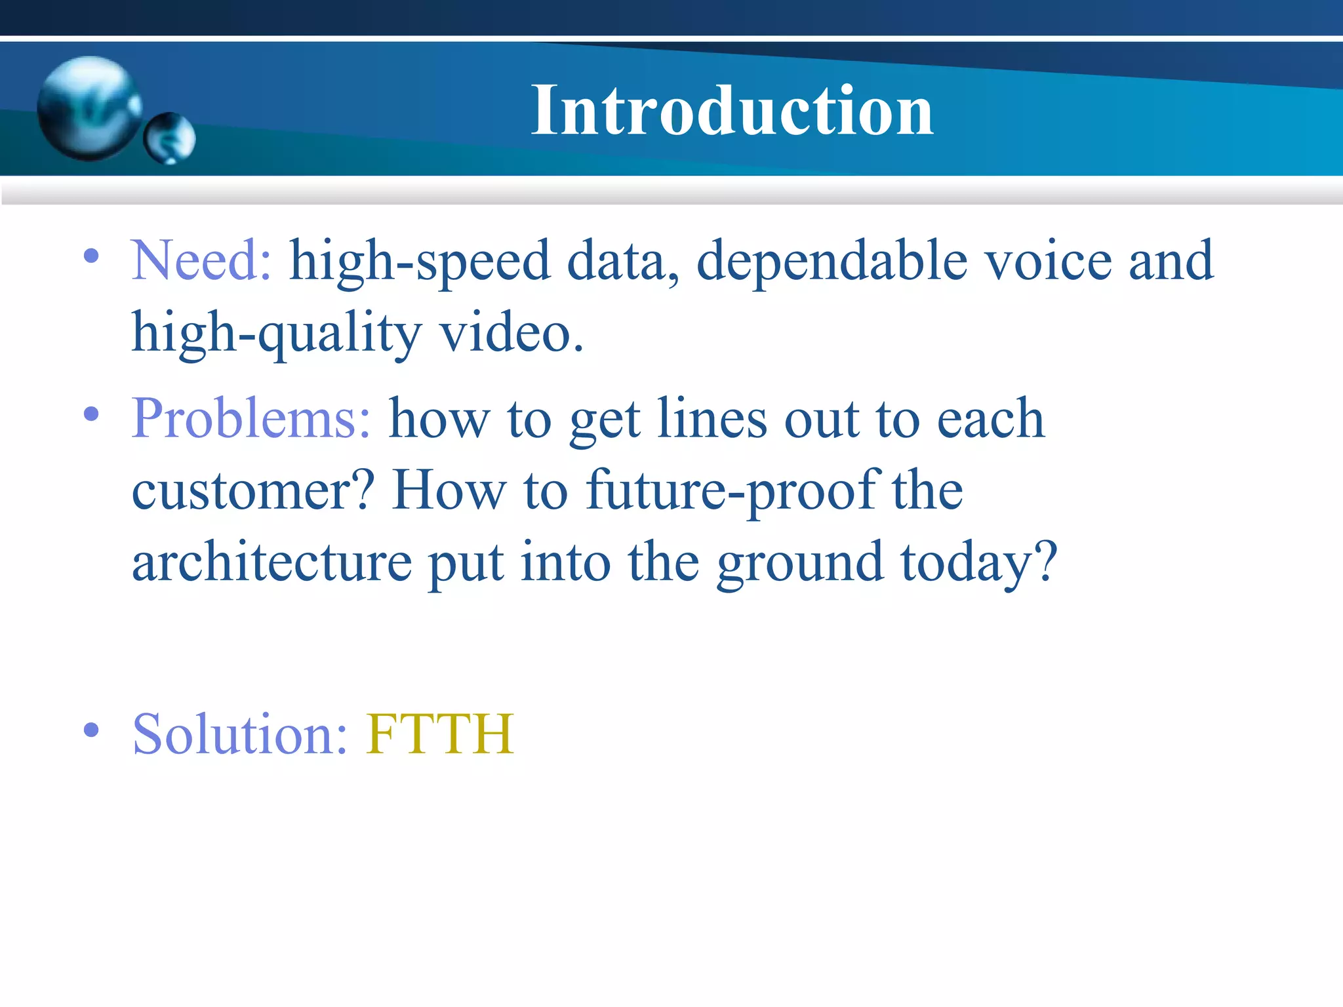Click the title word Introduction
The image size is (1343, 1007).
pyautogui.click(x=732, y=111)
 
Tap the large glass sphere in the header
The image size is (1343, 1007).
pyautogui.click(x=89, y=108)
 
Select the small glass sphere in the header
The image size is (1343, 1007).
pyautogui.click(x=170, y=138)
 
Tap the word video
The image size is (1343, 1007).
pyautogui.click(x=511, y=333)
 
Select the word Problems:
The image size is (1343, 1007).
pyautogui.click(x=251, y=420)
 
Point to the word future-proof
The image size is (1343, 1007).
pyautogui.click(x=731, y=492)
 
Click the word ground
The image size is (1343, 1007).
pyautogui.click(x=799, y=564)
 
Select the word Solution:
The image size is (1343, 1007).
pyautogui.click(x=239, y=734)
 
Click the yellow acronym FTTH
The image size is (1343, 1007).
pyautogui.click(x=440, y=734)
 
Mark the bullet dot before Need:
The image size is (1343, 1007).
pyautogui.click(x=91, y=256)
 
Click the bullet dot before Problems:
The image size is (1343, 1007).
pyautogui.click(x=91, y=414)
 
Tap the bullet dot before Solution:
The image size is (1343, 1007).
pyautogui.click(x=91, y=730)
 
